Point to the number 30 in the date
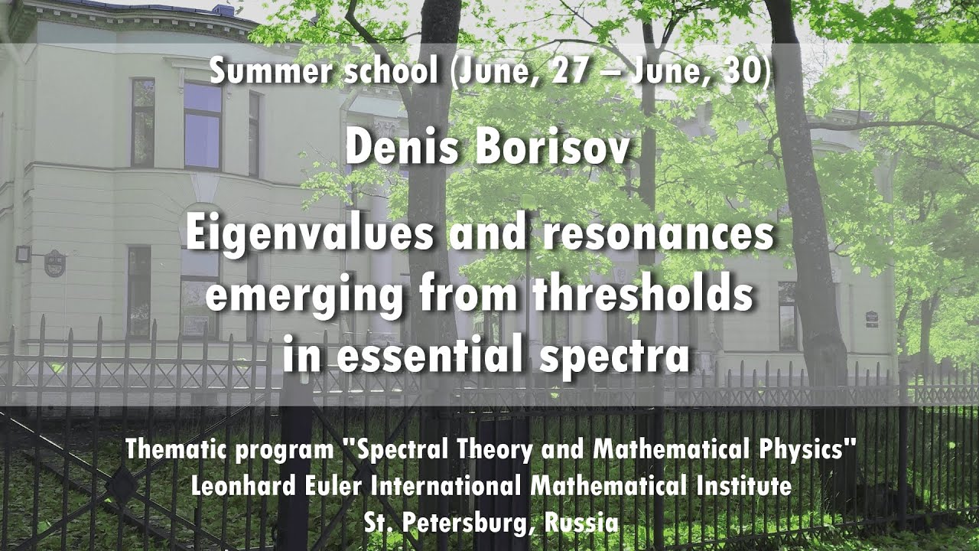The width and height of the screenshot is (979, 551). click(743, 71)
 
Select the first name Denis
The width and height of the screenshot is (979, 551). click(402, 148)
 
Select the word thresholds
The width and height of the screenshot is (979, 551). click(643, 294)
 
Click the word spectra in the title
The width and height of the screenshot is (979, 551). click(614, 357)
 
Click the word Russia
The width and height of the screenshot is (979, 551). click(582, 523)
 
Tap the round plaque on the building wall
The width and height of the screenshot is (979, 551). click(54, 264)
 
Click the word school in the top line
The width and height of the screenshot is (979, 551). click(390, 71)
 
